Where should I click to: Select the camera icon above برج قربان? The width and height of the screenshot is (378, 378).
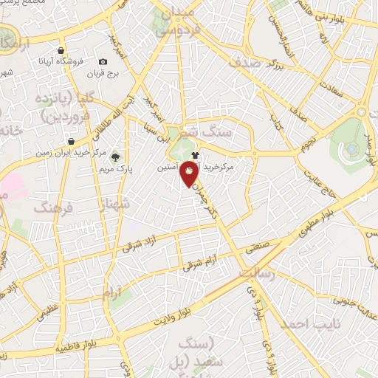[103, 61]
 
